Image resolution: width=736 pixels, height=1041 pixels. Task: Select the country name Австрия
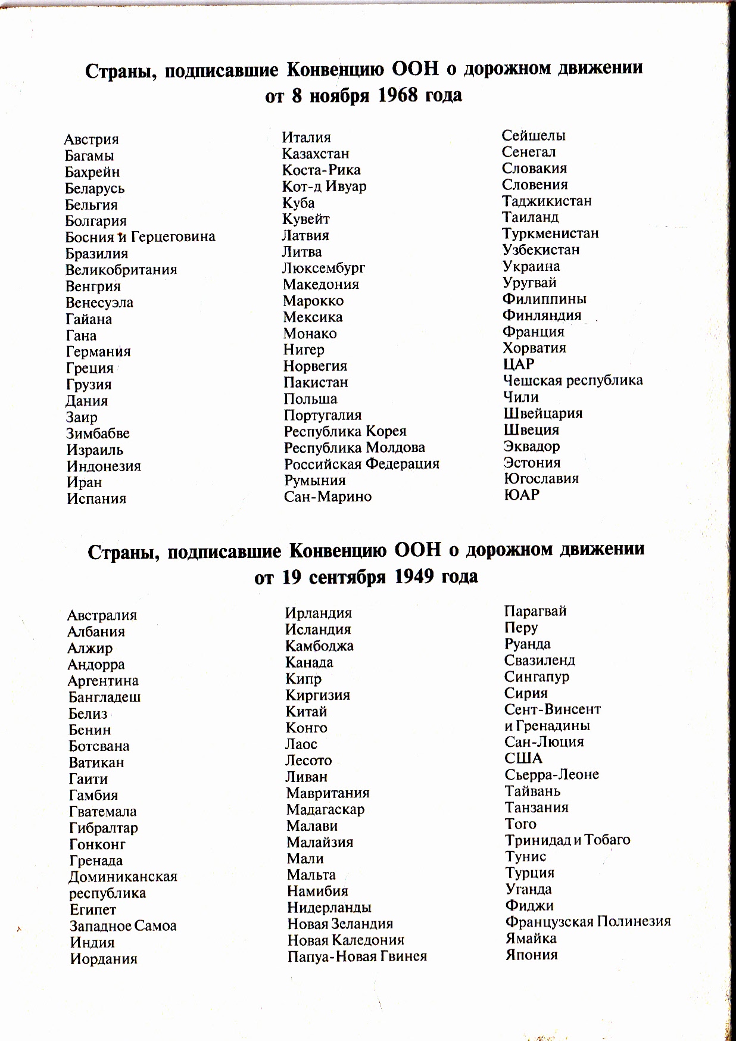[x=92, y=139]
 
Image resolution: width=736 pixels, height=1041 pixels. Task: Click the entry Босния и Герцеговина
[x=140, y=237]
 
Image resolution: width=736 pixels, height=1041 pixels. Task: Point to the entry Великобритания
[x=121, y=270]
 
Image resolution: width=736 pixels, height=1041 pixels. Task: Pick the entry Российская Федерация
[x=361, y=464]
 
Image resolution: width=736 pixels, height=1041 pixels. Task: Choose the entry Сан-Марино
[x=328, y=497]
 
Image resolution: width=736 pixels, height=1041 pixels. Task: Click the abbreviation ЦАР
[x=519, y=364]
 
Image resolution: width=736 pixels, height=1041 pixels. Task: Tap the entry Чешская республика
[x=573, y=381]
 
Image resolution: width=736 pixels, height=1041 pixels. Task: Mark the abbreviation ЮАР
[x=522, y=495]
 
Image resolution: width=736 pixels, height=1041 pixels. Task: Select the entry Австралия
[x=102, y=615]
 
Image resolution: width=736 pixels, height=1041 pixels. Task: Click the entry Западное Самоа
[x=123, y=926]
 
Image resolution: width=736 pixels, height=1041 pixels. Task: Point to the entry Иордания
[x=104, y=959]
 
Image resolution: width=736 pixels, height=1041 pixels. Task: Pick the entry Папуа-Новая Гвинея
[x=357, y=956]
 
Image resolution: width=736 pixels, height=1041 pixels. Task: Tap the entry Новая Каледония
[x=346, y=940]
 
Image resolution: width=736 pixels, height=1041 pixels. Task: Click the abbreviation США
[x=523, y=759]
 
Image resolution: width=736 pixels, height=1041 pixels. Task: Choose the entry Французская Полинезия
[x=588, y=922]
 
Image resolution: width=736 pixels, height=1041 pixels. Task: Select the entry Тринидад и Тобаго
[x=567, y=840]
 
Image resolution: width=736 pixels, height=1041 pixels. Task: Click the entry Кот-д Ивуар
[x=325, y=186]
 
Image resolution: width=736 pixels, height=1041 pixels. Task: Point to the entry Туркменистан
[x=551, y=233]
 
